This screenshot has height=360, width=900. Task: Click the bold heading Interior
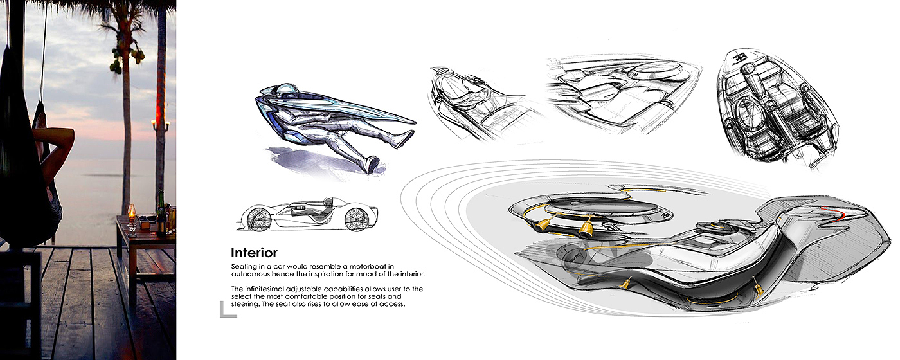click(x=254, y=253)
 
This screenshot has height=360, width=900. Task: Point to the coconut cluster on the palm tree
click(x=116, y=64)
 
